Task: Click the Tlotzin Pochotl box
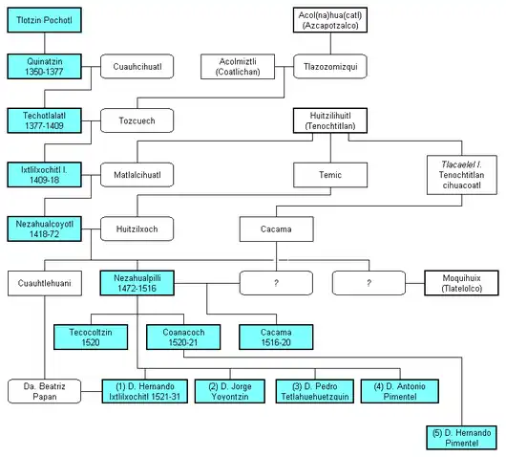(45, 20)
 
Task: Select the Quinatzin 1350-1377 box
(45, 67)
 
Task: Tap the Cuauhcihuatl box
(137, 67)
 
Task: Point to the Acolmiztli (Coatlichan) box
(238, 67)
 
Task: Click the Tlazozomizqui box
(330, 67)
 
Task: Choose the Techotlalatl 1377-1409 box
(45, 120)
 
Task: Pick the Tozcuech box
(137, 120)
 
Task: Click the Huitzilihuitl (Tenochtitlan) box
(330, 120)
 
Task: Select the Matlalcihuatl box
(137, 175)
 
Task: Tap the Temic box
(330, 175)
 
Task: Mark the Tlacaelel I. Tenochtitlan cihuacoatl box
(462, 175)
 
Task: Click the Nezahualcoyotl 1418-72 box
(45, 229)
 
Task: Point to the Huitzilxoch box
(137, 229)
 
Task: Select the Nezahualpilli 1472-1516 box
(137, 283)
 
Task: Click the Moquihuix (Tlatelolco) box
(462, 283)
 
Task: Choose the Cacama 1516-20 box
(276, 337)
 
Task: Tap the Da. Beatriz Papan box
(45, 391)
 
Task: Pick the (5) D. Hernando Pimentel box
(462, 438)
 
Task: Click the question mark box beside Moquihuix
(369, 283)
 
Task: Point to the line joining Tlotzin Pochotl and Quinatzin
(45, 43)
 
